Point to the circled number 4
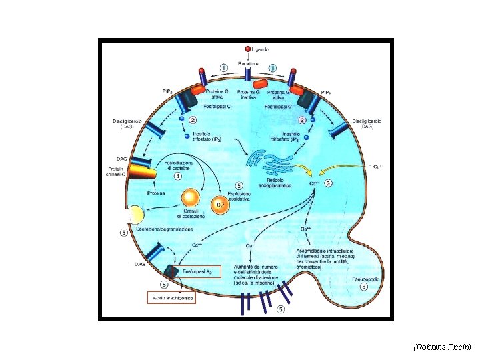coord(178,177)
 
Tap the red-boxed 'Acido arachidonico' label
coord(171,299)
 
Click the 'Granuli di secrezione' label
coord(189,215)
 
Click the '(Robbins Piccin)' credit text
coord(443,347)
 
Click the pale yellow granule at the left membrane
coord(135,215)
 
